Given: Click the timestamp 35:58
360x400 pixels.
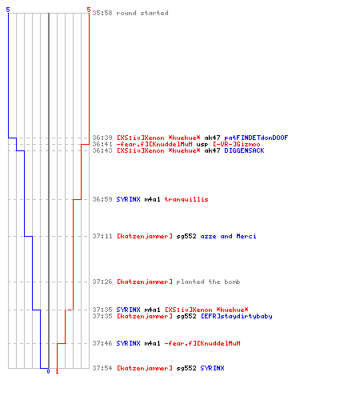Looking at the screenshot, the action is pyautogui.click(x=102, y=13).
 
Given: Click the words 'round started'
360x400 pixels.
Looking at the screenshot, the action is pyautogui.click(x=142, y=13).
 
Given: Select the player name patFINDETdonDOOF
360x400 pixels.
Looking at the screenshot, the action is pyautogui.click(x=256, y=138).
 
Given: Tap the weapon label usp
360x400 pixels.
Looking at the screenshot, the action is pyautogui.click(x=202, y=145).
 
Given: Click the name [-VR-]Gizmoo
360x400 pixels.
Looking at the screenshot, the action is pyautogui.click(x=236, y=144).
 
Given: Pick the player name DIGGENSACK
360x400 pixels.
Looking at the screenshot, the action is pyautogui.click(x=244, y=150).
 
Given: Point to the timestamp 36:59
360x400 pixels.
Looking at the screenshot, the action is pyautogui.click(x=102, y=199).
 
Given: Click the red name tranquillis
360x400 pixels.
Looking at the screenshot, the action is pyautogui.click(x=186, y=199).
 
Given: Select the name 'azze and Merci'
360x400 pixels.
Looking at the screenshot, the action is pyautogui.click(x=228, y=236).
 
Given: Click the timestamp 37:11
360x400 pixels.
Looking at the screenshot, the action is pyautogui.click(x=102, y=236).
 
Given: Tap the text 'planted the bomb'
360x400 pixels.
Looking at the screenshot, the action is pyautogui.click(x=208, y=282).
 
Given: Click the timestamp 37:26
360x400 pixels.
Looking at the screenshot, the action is pyautogui.click(x=102, y=282).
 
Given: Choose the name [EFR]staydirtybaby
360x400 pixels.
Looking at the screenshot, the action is pyautogui.click(x=236, y=316).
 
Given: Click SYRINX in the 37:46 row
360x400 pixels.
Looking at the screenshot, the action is pyautogui.click(x=128, y=343).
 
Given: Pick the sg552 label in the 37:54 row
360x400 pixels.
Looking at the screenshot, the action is pyautogui.click(x=186, y=368).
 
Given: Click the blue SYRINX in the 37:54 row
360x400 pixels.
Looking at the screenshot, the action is pyautogui.click(x=212, y=368).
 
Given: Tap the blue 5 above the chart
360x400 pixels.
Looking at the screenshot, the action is pyautogui.click(x=8, y=10).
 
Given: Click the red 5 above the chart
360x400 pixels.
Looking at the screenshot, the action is pyautogui.click(x=89, y=10).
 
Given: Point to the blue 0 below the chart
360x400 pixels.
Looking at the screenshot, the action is pyautogui.click(x=48, y=371).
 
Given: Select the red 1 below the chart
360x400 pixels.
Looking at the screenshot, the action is pyautogui.click(x=57, y=371).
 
